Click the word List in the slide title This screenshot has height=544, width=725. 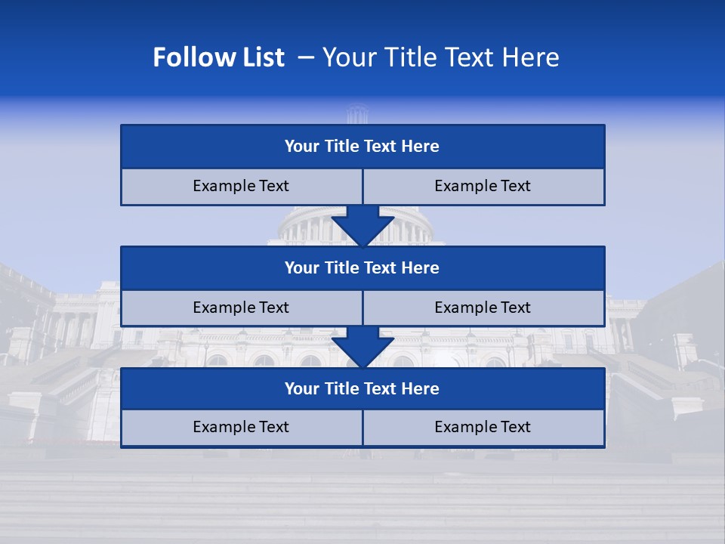pos(258,57)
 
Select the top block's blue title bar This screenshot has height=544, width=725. pos(362,147)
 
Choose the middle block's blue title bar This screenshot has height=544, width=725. pos(362,267)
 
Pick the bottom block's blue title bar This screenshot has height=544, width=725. pos(362,388)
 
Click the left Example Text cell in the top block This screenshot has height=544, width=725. pos(241,186)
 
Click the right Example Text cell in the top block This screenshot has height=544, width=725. pos(483,186)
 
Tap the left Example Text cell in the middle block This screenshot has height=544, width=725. pos(241,308)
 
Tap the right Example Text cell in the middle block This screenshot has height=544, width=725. pos(483,308)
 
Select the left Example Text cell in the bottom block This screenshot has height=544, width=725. pos(241,427)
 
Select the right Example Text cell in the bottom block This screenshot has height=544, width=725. pos(483,427)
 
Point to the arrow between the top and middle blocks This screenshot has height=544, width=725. pos(362,226)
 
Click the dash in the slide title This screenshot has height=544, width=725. pos(306,57)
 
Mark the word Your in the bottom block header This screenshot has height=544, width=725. pos(302,388)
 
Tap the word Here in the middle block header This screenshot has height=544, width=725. pos(421,267)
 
